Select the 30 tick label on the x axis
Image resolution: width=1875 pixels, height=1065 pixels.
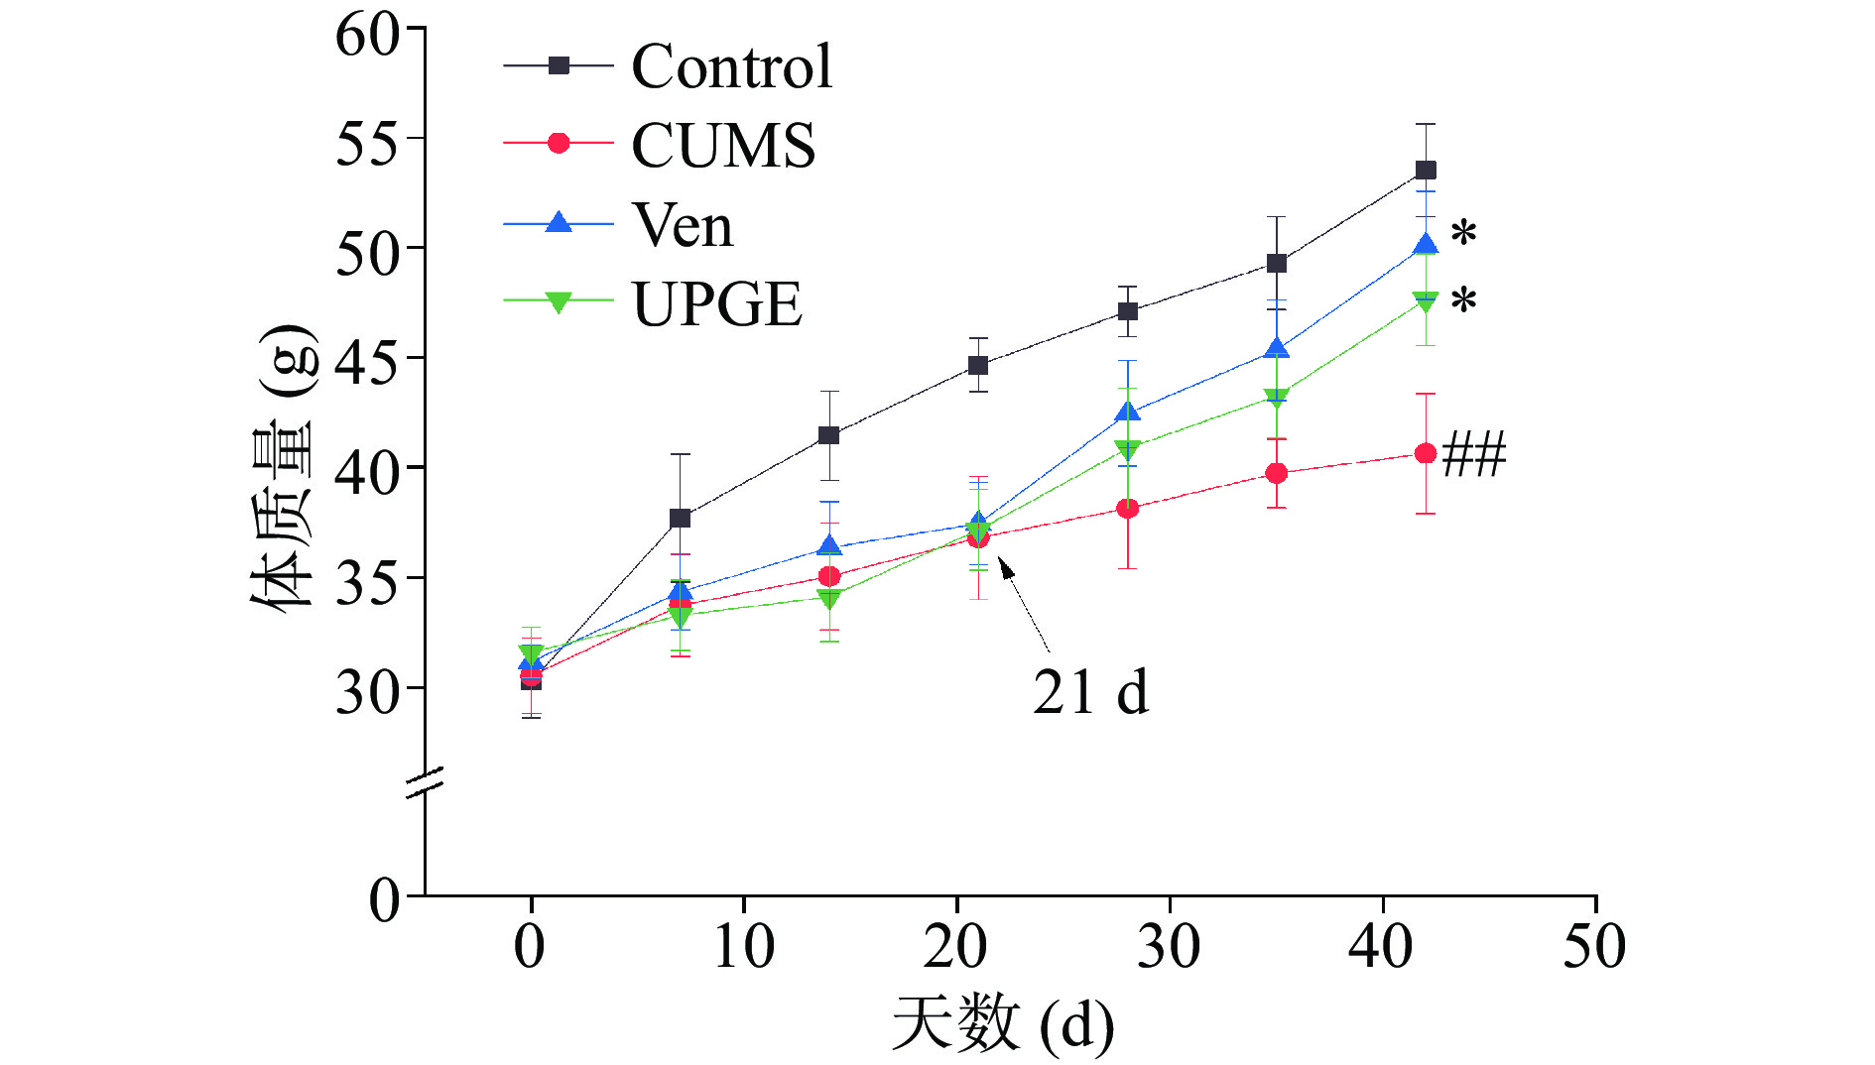click(x=1169, y=946)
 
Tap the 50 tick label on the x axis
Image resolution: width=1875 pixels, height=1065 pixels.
click(x=1594, y=946)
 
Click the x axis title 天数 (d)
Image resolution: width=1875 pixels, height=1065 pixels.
click(x=1002, y=1024)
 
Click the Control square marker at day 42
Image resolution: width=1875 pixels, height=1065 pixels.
click(x=1426, y=171)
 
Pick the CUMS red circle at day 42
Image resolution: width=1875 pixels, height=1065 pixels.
click(x=1426, y=453)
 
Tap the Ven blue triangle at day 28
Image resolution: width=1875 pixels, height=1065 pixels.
click(x=1127, y=412)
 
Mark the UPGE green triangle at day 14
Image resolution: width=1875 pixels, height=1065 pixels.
click(x=829, y=598)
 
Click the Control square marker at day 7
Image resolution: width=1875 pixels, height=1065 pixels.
click(x=681, y=518)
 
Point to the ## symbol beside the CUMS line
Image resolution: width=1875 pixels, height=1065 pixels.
click(x=1474, y=454)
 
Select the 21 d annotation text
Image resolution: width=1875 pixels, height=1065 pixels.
click(x=1090, y=691)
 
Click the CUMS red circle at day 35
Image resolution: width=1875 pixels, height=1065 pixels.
click(x=1277, y=473)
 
